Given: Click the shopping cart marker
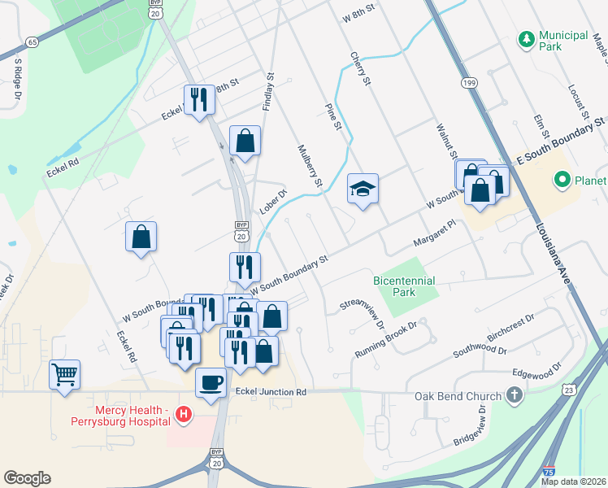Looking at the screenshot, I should [65, 375].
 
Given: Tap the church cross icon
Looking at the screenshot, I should [513, 396].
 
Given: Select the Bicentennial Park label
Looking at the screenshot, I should [404, 285].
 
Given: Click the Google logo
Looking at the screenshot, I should [27, 478].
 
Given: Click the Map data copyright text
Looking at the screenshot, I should [574, 481].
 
